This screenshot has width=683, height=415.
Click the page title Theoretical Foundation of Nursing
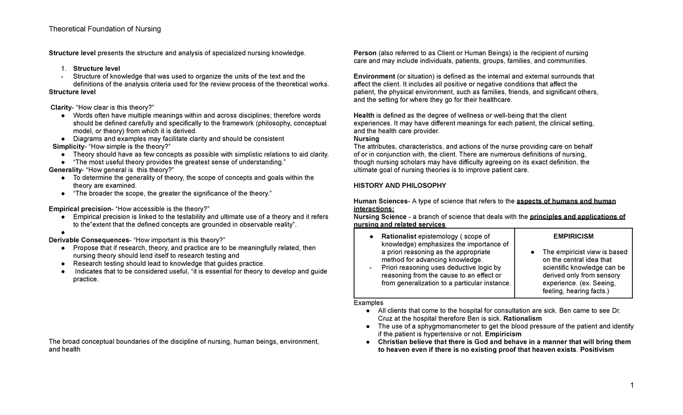pyautogui.click(x=105, y=29)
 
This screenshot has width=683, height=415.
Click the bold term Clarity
pyautogui.click(x=61, y=108)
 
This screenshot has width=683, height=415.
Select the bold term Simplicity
pyautogui.click(x=68, y=146)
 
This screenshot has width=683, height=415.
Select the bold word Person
pyautogui.click(x=365, y=53)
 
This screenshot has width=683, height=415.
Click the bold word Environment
pyautogui.click(x=374, y=76)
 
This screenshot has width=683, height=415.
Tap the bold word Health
pyautogui.click(x=364, y=116)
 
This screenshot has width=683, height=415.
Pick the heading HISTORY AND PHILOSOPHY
pyautogui.click(x=400, y=186)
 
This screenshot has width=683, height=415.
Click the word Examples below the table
pyautogui.click(x=368, y=302)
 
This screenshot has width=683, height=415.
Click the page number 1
pyautogui.click(x=632, y=385)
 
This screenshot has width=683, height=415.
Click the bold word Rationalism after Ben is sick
pyautogui.click(x=522, y=318)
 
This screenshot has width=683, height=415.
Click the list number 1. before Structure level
pyautogui.click(x=64, y=68)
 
